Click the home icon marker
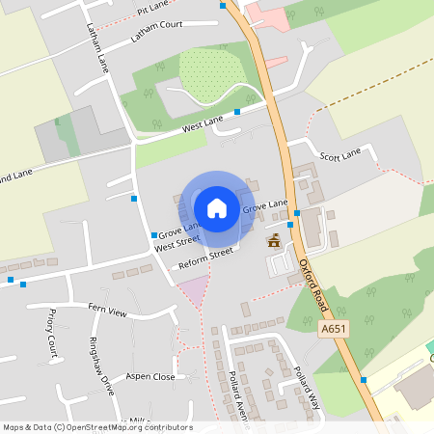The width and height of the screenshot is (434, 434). point(217,206)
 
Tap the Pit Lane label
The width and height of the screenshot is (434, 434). point(152,8)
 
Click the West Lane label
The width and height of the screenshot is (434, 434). point(202,122)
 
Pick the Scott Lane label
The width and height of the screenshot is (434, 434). point(339,153)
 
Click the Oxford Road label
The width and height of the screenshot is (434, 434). point(314,281)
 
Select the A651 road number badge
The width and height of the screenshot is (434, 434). point(333,329)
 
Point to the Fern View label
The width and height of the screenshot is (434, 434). point(108,312)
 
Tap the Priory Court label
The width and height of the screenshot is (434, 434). point(49,334)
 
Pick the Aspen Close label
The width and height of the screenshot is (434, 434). point(150,377)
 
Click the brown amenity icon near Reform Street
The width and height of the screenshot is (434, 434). point(274,240)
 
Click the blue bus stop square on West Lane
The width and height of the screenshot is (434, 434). point(237,112)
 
